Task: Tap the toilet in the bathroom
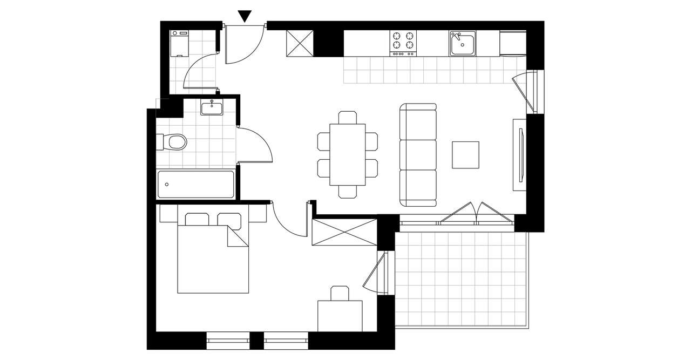point(174,142)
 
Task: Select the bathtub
point(195,185)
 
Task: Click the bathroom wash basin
point(212,108)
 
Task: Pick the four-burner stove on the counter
point(404,42)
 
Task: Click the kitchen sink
point(462,43)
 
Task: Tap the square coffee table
point(465,155)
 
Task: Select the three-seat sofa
point(418,155)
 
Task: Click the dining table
point(347,154)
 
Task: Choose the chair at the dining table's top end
point(347,117)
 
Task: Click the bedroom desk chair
point(340,293)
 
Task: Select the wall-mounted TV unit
point(520,154)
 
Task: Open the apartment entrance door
point(244,44)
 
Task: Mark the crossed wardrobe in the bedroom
point(344,232)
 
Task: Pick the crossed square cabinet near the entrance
point(299,43)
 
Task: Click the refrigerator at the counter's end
point(512,43)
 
